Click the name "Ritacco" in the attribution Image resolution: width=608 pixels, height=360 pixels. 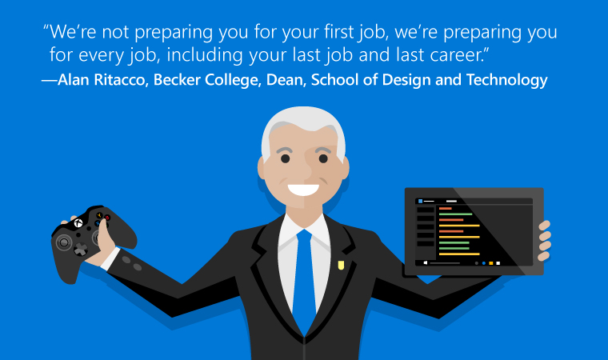[120, 80]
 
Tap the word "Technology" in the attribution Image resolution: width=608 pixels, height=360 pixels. [506, 80]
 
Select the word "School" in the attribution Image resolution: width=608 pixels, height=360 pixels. [337, 80]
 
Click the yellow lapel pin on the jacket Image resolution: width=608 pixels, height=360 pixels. [341, 265]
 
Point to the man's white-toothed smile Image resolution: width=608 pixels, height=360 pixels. [303, 190]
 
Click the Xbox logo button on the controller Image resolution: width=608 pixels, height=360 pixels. [78, 222]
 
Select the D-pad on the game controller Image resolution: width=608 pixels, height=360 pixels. [81, 249]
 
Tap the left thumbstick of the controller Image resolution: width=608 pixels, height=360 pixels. [64, 242]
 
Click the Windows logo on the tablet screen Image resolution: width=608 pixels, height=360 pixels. [426, 262]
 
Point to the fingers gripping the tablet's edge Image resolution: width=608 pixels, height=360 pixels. [545, 241]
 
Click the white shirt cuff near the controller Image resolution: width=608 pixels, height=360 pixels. [110, 258]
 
